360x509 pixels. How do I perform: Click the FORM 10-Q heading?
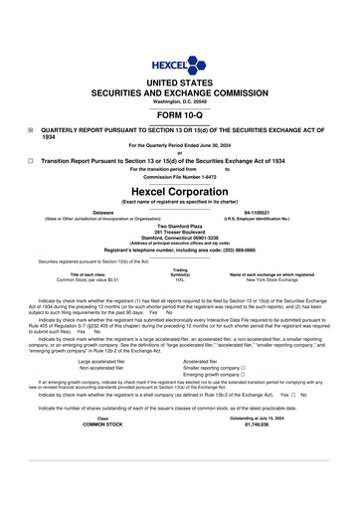tap(180, 116)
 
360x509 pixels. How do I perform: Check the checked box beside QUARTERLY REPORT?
tap(31, 130)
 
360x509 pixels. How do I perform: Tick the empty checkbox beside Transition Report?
tap(31, 159)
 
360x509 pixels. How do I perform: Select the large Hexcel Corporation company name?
tap(180, 190)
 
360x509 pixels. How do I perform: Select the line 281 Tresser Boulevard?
tap(180, 233)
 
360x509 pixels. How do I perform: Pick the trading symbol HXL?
tap(180, 280)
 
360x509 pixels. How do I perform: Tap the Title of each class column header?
tap(88, 274)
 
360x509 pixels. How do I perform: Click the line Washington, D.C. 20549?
tap(180, 102)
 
